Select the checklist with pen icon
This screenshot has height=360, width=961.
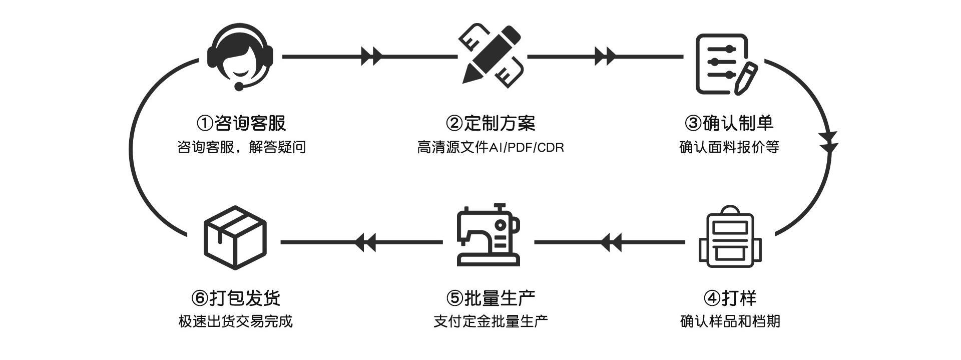pyautogui.click(x=725, y=64)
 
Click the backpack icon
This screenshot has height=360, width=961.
pyautogui.click(x=730, y=237)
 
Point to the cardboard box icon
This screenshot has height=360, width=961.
pyautogui.click(x=235, y=237)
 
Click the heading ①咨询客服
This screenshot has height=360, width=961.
pyautogui.click(x=241, y=123)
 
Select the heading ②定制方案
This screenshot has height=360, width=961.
pyautogui.click(x=491, y=123)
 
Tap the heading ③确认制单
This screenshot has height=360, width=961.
pyautogui.click(x=729, y=123)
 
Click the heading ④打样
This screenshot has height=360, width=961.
pyautogui.click(x=729, y=298)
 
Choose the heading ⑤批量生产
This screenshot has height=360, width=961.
pyautogui.click(x=491, y=298)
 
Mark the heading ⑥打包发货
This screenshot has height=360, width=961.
pyautogui.click(x=235, y=298)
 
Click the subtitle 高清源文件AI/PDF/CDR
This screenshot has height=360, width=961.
pyautogui.click(x=491, y=148)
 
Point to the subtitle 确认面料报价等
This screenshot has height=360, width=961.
pyautogui.click(x=729, y=147)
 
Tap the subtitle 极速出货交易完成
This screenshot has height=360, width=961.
pyautogui.click(x=235, y=321)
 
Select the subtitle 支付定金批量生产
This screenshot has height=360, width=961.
pyautogui.click(x=491, y=321)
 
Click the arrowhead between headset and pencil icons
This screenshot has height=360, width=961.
pyautogui.click(x=371, y=56)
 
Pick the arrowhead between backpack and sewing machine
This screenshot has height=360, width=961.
pyautogui.click(x=610, y=243)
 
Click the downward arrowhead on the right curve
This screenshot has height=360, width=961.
pyautogui.click(x=829, y=142)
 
